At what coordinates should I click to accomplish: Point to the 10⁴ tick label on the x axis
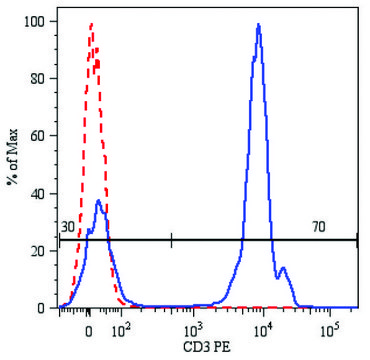click(263, 327)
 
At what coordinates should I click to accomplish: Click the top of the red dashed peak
click(92, 24)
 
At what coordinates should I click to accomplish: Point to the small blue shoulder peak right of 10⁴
click(283, 267)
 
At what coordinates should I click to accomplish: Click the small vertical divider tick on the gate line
click(172, 240)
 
